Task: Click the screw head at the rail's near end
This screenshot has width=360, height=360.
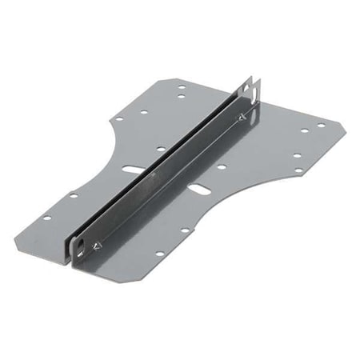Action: pos(97,246)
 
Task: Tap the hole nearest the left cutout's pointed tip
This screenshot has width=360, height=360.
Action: pos(118,119)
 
